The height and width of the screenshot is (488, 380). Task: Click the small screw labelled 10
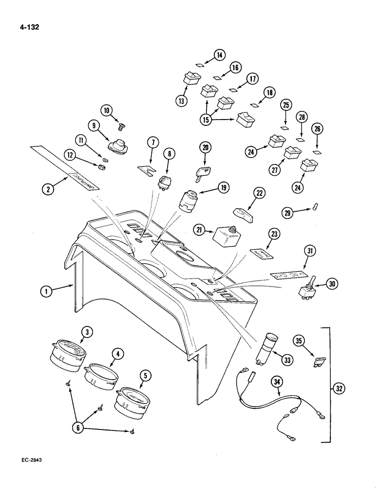pyautogui.click(x=122, y=126)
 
